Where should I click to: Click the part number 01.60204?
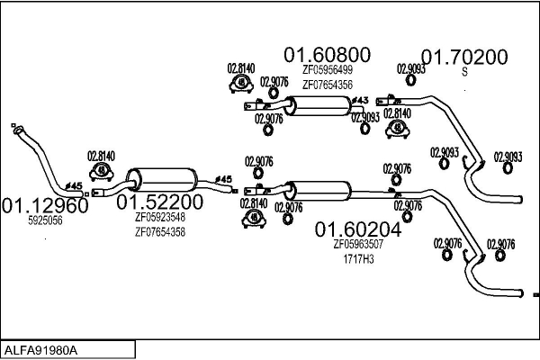pos(357,229)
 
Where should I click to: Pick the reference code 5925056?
pos(45,220)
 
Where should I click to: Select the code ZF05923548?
pos(159,217)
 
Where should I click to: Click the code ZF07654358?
pos(159,231)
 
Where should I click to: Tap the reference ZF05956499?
pos(327,70)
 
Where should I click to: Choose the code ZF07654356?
pos(327,85)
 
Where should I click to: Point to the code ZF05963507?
pos(358,244)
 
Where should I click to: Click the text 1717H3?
pos(358,258)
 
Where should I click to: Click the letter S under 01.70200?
pos(465,72)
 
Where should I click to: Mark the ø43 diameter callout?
pos(359,100)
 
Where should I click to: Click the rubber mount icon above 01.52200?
pos(102,169)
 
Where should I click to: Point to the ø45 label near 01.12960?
pos(76,186)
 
